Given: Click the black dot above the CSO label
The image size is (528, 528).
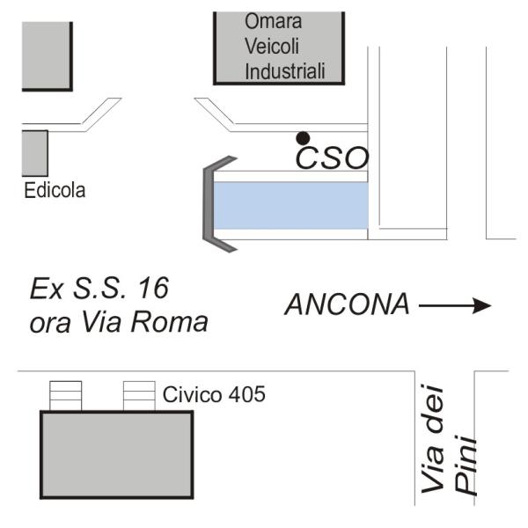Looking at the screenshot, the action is point(303,138).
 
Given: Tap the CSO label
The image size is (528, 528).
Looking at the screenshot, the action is point(332,158).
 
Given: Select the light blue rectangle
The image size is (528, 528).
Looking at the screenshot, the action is point(291,205).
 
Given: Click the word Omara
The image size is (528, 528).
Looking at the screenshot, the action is point(273,21).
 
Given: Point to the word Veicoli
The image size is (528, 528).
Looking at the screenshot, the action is point(272,46).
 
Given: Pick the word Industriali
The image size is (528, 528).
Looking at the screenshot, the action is point(285,71).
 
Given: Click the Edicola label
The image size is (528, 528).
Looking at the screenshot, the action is point(55,190).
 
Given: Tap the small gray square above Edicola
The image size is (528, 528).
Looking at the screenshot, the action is point(34,153).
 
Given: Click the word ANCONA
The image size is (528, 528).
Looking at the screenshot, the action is point(348,304).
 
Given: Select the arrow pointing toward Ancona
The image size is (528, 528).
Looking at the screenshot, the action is point(455,305).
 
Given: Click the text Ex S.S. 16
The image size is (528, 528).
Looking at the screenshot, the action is point(99,289).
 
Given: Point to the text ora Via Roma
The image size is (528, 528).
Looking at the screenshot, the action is point(119,322).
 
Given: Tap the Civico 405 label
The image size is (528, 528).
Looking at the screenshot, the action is point(214,394).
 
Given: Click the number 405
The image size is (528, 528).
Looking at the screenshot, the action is point(246,394).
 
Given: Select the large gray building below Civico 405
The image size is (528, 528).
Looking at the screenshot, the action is point(117,455).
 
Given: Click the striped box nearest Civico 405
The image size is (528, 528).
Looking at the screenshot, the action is point(139,396).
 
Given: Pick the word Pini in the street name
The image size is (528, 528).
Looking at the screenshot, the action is point(466,466).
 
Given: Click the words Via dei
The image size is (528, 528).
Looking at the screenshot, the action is point(433,439).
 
